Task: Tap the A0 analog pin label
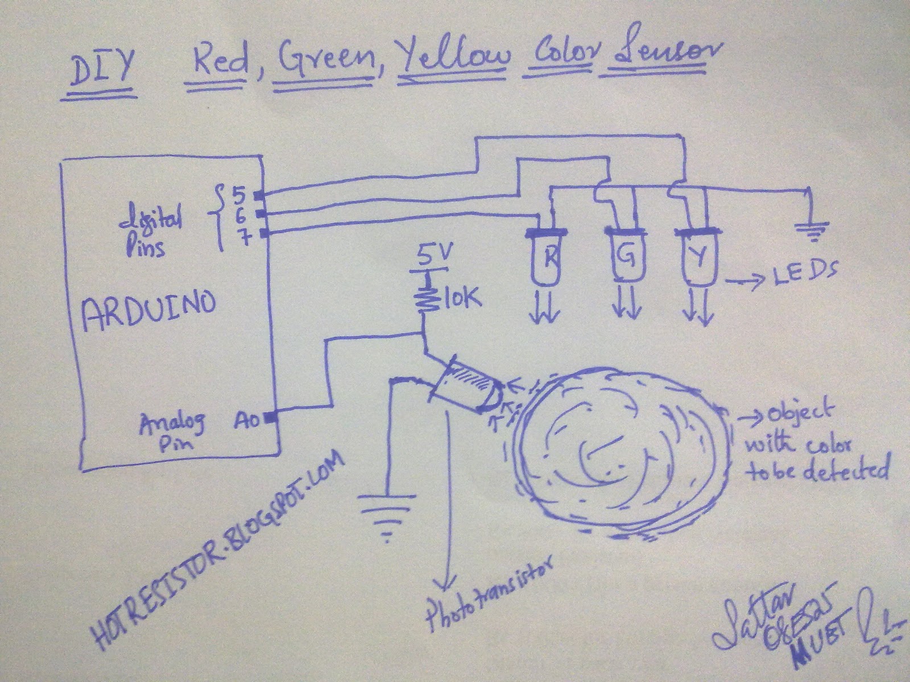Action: pos(247,421)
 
